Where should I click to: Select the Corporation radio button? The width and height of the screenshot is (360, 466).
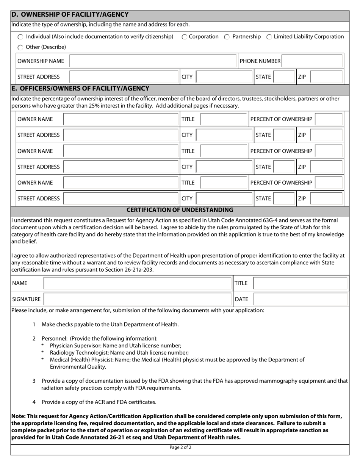(184, 37)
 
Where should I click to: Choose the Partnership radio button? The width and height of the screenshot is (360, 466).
(227, 37)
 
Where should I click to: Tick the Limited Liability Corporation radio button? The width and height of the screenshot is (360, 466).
(269, 37)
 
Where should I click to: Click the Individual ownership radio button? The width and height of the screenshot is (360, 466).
(20, 37)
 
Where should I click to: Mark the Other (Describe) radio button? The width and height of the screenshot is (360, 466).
(20, 47)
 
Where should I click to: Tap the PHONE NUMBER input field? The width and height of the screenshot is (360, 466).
(313, 61)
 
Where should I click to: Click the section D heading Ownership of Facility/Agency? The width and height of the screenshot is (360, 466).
(70, 15)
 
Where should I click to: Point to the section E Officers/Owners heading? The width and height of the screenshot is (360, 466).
(80, 89)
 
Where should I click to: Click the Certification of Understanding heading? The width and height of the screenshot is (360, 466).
(180, 210)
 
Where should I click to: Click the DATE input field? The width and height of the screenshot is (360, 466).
(300, 299)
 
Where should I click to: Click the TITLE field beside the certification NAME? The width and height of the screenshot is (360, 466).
(300, 283)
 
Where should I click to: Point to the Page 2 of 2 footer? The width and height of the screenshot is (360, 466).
(180, 447)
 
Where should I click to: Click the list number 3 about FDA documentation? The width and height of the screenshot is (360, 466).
(34, 381)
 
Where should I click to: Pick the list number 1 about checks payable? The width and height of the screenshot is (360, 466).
(34, 324)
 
